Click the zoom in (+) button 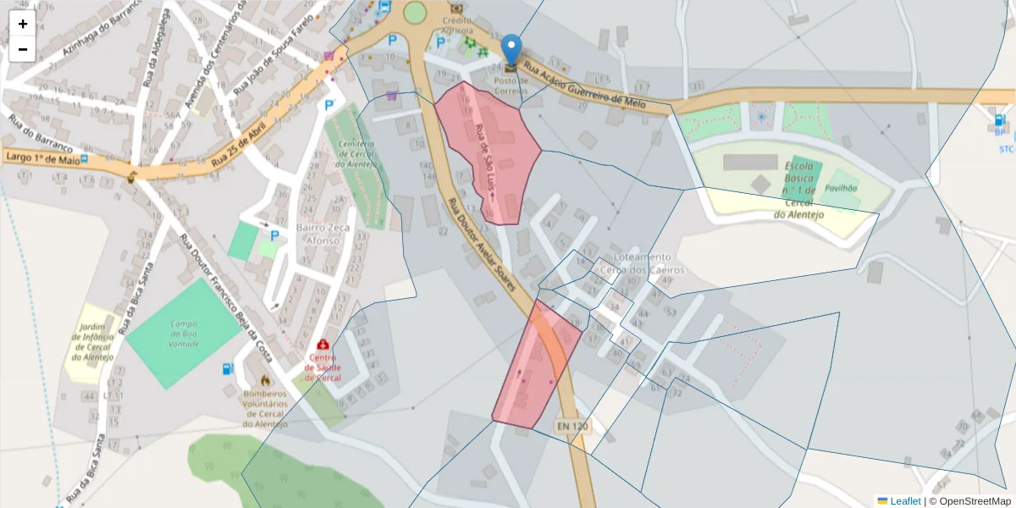point(23,24)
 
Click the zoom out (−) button point(23,49)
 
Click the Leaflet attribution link point(905,501)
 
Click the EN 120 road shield point(571,426)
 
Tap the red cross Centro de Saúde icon point(323,345)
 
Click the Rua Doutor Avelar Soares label point(481,242)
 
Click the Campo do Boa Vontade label point(184,334)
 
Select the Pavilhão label point(841,188)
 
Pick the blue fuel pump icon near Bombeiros point(227,369)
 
